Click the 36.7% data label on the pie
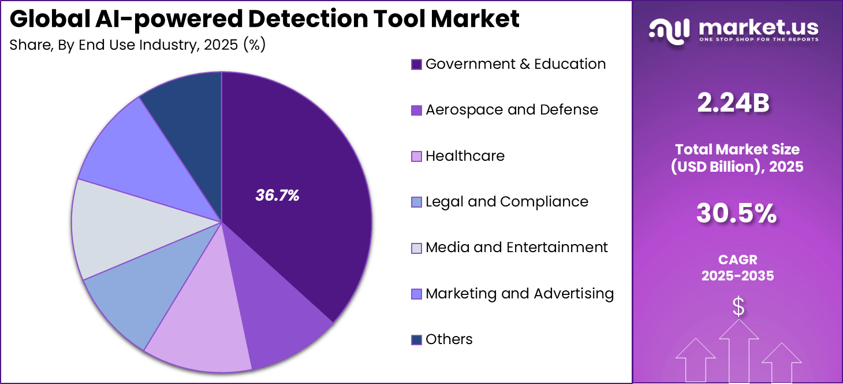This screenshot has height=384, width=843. (x=277, y=196)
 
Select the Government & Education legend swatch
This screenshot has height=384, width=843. (x=416, y=64)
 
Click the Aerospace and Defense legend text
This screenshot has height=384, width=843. (x=512, y=110)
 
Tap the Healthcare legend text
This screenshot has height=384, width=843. (x=465, y=156)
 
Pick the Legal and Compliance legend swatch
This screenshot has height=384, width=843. (x=416, y=202)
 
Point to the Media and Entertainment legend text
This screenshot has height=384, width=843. (x=516, y=248)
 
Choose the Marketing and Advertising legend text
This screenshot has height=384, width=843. (x=519, y=294)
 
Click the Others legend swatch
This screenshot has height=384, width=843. (x=416, y=340)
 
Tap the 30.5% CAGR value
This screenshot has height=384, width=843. (x=736, y=214)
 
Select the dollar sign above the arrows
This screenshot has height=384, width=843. (x=738, y=307)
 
